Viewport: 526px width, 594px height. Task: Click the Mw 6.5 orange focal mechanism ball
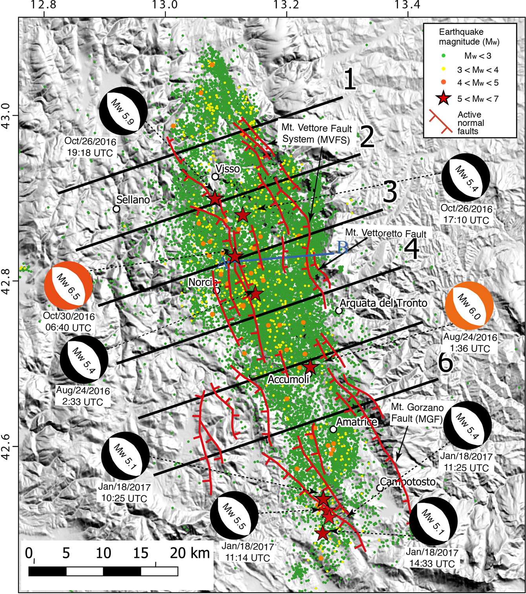point(68,285)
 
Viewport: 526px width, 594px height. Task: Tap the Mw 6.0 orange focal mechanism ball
point(469,306)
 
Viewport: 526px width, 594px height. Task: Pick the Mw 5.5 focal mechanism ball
point(234,515)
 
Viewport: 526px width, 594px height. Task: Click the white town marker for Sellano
point(117,209)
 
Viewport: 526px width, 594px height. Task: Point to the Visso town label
point(228,169)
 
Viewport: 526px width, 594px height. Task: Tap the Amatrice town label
point(357,422)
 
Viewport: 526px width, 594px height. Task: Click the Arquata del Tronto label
point(384,303)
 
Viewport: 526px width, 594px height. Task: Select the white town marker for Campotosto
point(380,488)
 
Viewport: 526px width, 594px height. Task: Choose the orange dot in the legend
point(443,82)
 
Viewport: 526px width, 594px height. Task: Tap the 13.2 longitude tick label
point(287,5)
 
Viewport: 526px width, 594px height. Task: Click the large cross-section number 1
point(349,79)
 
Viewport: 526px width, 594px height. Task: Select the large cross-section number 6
point(445,363)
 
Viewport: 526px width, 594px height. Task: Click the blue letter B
point(343,248)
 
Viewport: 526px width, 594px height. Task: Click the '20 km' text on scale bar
point(190,553)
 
